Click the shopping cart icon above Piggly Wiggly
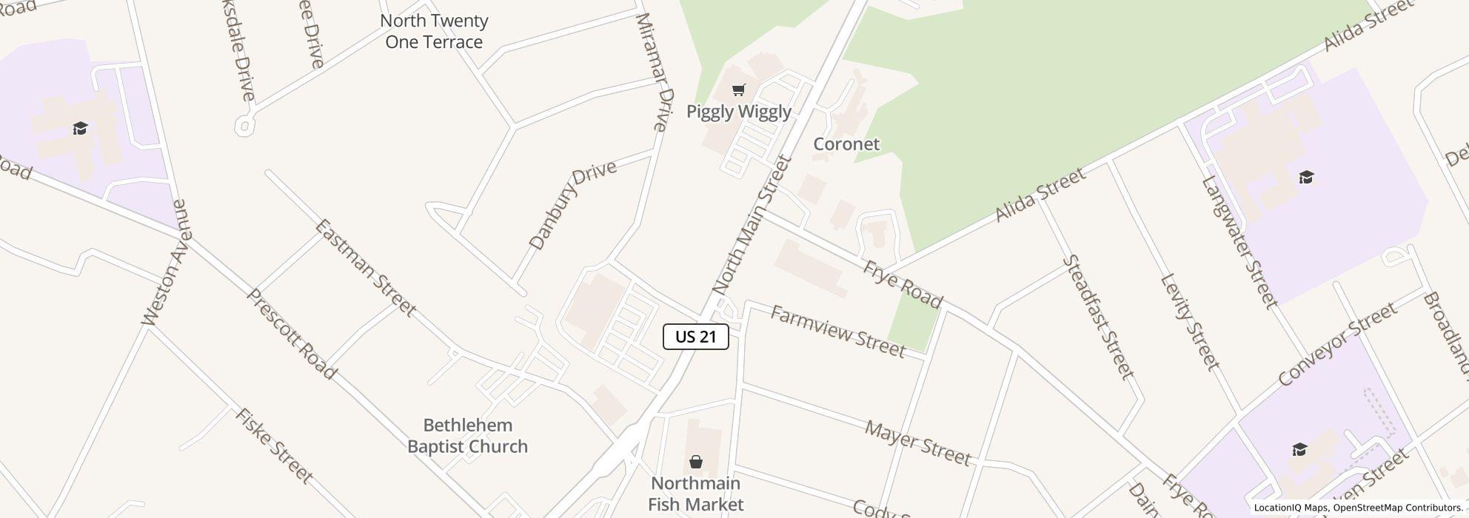pyautogui.click(x=738, y=90)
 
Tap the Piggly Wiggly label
pyautogui.click(x=738, y=112)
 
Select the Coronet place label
pyautogui.click(x=846, y=144)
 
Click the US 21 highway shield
pyautogui.click(x=696, y=337)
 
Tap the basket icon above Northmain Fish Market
pyautogui.click(x=695, y=462)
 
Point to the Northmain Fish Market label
pyautogui.click(x=695, y=494)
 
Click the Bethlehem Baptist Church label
pyautogui.click(x=467, y=436)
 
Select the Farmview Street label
pyautogui.click(x=837, y=332)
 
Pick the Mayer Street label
pyautogui.click(x=917, y=443)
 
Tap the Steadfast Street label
pyautogui.click(x=1098, y=317)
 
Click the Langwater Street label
pyautogui.click(x=1239, y=241)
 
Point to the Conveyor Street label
pyautogui.click(x=1337, y=344)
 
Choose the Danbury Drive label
pyautogui.click(x=572, y=204)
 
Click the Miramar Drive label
pyautogui.click(x=654, y=72)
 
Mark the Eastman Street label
pyautogui.click(x=365, y=267)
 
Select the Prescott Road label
pyautogui.click(x=291, y=334)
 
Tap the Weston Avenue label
pyautogui.click(x=167, y=263)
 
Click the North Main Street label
pyautogui.click(x=752, y=225)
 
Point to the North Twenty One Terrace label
pyautogui.click(x=434, y=32)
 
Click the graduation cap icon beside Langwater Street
pyautogui.click(x=1306, y=178)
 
